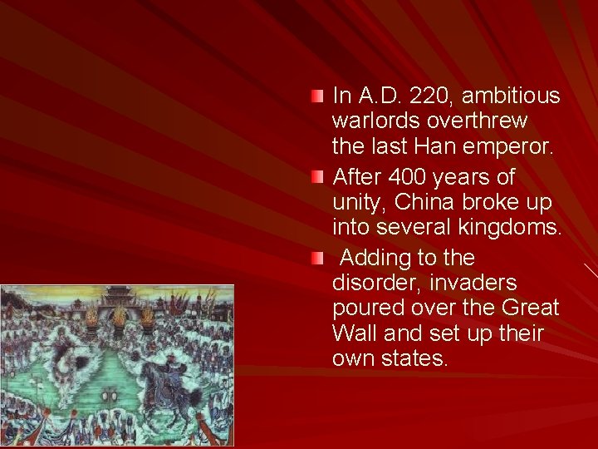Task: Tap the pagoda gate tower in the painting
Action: coord(116,297)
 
